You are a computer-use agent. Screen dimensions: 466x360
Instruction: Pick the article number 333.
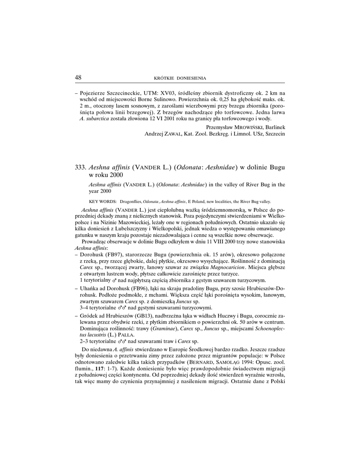80,168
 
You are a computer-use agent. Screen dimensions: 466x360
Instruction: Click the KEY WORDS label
102,201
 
